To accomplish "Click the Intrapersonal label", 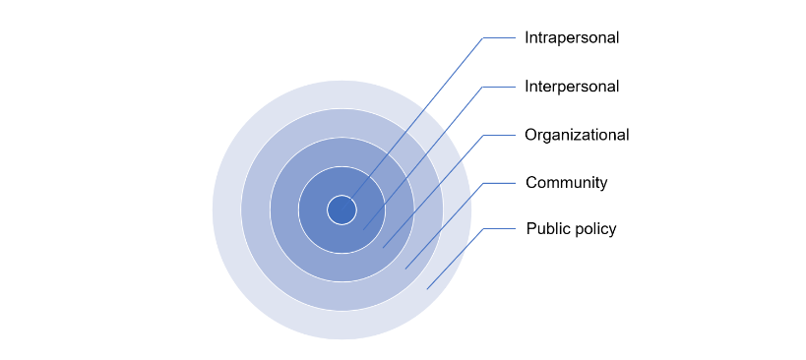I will point(572,38).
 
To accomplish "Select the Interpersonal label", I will point(572,87).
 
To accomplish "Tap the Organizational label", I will point(577,135).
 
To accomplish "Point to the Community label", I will point(566,183).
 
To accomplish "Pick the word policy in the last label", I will point(594,229).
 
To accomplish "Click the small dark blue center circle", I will point(341,210).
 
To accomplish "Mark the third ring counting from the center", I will point(285,210).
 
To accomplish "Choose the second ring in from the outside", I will point(256,210).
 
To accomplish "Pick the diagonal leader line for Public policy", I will point(455,259).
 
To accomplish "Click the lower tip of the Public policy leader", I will point(427,288).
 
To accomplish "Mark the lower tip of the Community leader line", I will point(405,269).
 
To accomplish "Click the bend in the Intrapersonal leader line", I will point(483,38).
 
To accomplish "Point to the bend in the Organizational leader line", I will point(483,135).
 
